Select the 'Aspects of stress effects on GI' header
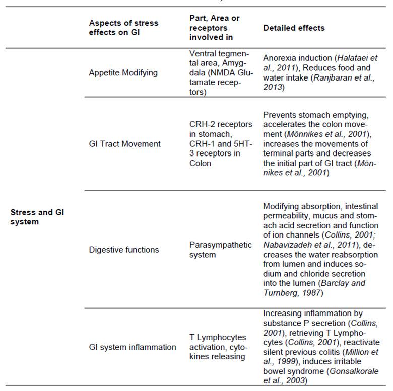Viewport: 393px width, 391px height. (x=123, y=28)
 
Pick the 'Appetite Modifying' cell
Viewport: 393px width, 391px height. (x=123, y=72)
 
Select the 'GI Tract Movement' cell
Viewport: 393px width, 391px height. (x=124, y=144)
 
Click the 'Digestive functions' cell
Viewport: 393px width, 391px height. (x=123, y=250)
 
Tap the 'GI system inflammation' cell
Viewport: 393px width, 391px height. (x=133, y=347)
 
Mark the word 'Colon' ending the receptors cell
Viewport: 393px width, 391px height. (x=200, y=163)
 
